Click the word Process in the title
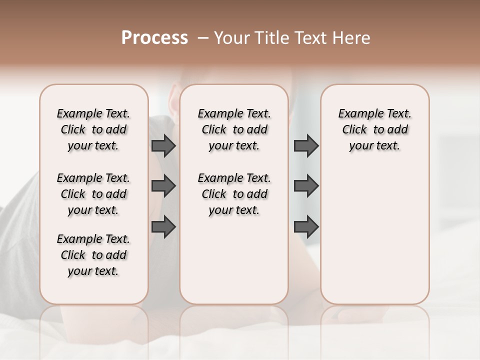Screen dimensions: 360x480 (x=154, y=38)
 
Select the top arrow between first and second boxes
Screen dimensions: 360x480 (x=163, y=145)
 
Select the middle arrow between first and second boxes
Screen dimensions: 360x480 (x=163, y=186)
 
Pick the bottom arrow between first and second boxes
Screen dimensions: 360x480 (x=163, y=226)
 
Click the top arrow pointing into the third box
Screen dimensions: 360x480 (x=306, y=145)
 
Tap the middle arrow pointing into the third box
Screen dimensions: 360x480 (x=306, y=186)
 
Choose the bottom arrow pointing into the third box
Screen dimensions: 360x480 (x=306, y=226)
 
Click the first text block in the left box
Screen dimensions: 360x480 (x=93, y=129)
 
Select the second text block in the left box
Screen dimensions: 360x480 (x=93, y=194)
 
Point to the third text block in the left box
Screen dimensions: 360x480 (x=93, y=255)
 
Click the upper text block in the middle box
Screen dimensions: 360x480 (x=234, y=129)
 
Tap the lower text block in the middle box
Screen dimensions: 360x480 (x=234, y=194)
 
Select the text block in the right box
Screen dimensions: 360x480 (x=375, y=129)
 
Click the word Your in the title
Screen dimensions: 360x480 (x=232, y=38)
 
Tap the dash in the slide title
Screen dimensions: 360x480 (x=203, y=38)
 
